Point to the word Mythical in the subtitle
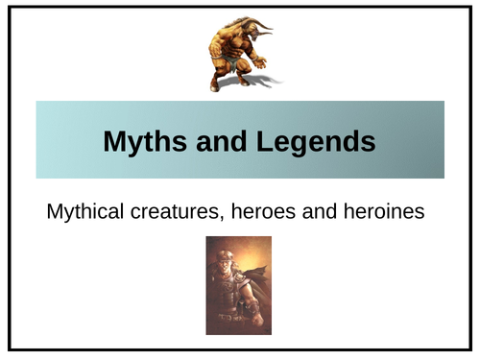(86, 211)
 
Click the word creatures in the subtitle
(178, 211)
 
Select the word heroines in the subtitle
(383, 211)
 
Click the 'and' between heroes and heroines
(320, 211)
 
